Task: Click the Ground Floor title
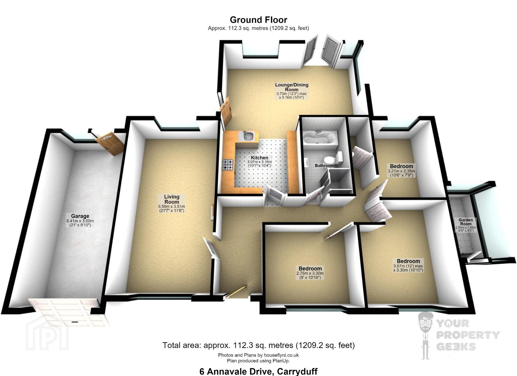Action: pyautogui.click(x=258, y=20)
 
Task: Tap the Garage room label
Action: pyautogui.click(x=80, y=216)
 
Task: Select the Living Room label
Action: pyautogui.click(x=172, y=199)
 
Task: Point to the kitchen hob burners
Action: pyautogui.click(x=228, y=165)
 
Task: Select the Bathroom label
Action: pyautogui.click(x=324, y=165)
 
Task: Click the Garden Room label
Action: pyautogui.click(x=465, y=222)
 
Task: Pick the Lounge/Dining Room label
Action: pyautogui.click(x=291, y=87)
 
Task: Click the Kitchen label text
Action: pyautogui.click(x=259, y=158)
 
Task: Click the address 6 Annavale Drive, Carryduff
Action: pyautogui.click(x=258, y=371)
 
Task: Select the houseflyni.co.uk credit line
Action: pyautogui.click(x=258, y=355)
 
